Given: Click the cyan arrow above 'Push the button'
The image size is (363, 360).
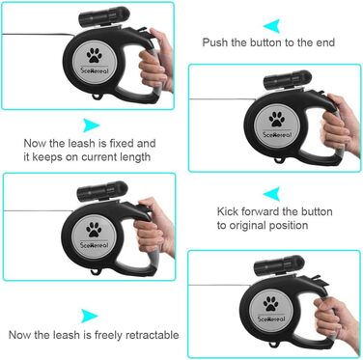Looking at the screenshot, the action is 272,26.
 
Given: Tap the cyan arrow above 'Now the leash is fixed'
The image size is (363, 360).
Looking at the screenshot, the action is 92,125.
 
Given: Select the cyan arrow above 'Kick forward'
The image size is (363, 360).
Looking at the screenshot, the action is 272,194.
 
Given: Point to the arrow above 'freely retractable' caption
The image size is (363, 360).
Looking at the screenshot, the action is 90,316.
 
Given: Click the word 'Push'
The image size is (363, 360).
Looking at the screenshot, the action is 215,42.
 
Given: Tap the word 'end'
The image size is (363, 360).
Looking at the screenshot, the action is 324,42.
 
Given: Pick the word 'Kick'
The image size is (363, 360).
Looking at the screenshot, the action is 228,211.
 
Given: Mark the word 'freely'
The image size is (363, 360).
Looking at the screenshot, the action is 108,335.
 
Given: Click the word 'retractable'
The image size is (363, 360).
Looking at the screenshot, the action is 152,335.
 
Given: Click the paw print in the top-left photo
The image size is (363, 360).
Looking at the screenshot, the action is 95,55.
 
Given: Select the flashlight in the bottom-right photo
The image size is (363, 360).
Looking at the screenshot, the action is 279,265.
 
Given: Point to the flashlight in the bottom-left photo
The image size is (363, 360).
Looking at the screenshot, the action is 103,191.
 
